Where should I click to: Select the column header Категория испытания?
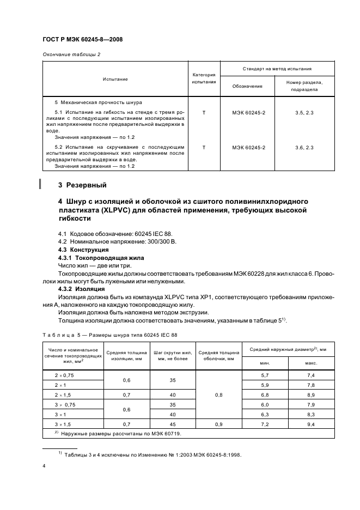[204, 78]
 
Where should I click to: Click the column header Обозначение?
[247, 86]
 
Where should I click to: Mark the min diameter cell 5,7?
[265, 375]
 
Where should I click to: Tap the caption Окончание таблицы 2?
[71, 54]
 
